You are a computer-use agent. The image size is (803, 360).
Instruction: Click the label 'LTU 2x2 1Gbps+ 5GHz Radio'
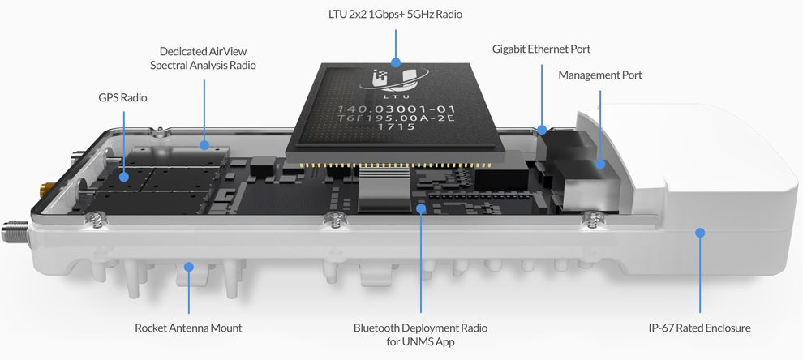395,15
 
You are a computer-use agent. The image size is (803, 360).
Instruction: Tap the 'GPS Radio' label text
122,97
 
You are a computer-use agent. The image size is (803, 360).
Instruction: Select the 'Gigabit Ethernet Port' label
541,49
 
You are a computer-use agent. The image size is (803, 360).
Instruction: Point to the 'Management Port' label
599,75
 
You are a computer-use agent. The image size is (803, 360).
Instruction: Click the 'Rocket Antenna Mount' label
188,328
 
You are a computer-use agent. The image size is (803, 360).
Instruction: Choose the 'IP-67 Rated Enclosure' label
699,328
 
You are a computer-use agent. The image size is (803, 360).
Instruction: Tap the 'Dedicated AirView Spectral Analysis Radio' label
203,58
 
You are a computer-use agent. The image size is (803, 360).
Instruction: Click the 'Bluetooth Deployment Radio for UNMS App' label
420,334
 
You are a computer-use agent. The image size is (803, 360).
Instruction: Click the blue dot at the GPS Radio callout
123,177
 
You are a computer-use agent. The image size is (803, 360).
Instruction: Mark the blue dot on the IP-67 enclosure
699,233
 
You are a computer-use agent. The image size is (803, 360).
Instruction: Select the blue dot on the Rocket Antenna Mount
189,266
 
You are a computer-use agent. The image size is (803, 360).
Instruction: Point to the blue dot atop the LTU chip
395,62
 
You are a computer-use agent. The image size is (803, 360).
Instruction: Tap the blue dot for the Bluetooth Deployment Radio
421,208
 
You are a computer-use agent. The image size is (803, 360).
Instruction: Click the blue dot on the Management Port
600,165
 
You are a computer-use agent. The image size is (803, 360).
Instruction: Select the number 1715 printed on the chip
394,126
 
